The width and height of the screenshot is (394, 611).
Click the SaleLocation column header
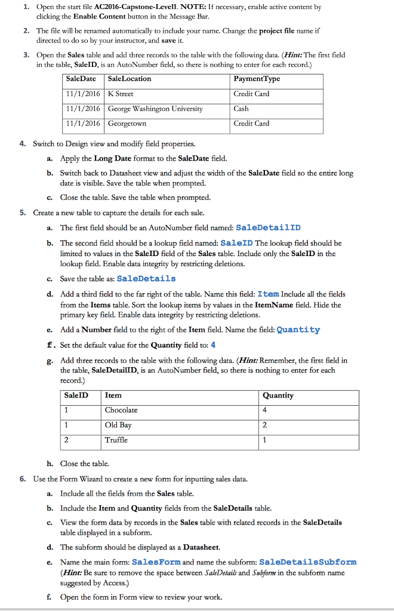(130, 79)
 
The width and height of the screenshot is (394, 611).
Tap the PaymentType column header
(257, 79)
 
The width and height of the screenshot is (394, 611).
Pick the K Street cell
(121, 94)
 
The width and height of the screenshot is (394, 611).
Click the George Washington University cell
(155, 109)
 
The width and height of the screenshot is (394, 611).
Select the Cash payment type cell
(241, 109)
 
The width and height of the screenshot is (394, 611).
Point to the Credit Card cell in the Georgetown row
(251, 124)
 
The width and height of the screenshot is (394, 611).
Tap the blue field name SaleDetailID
(269, 227)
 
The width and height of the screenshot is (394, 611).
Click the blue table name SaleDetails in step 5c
(147, 279)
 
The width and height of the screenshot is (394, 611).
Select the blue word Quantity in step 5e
(298, 329)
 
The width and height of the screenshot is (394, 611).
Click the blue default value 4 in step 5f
(213, 345)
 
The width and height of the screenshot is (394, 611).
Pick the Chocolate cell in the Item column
(121, 410)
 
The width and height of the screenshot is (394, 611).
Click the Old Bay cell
(118, 425)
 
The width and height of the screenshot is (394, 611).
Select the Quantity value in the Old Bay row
(264, 425)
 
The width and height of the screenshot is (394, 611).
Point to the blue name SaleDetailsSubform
(308, 562)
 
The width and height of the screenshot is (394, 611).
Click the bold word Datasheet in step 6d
(201, 547)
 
